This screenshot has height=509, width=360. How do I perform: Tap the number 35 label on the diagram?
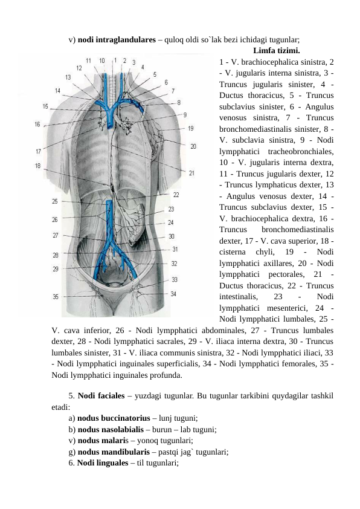(x=56, y=297)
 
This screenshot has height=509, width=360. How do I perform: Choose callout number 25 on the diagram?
(x=55, y=201)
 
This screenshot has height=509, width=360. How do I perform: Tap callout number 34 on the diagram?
(x=173, y=294)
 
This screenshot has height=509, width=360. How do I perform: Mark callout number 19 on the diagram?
(x=191, y=128)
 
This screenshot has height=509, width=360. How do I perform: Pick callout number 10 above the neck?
(x=101, y=60)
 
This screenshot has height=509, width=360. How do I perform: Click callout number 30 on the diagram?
(x=172, y=236)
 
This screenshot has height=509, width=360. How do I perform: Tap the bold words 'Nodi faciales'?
(x=97, y=397)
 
